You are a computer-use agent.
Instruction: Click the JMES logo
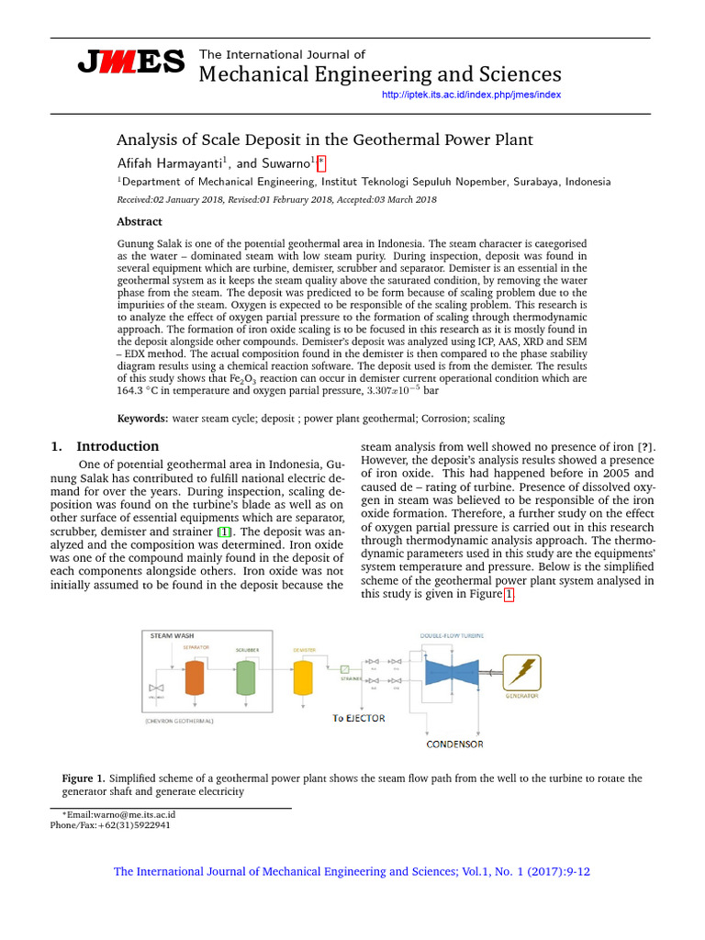130,62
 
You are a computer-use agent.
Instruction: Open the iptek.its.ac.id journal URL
470,95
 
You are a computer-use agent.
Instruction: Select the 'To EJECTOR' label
358,718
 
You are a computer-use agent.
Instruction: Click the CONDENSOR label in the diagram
454,744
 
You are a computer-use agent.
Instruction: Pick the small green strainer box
344,669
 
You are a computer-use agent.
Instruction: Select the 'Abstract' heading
140,222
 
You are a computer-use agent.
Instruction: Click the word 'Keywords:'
142,419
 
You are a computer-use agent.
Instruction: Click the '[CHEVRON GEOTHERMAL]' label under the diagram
179,722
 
